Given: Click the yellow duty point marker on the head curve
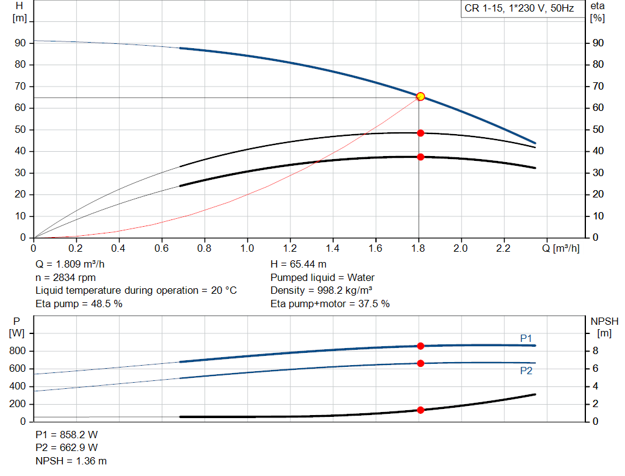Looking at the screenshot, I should pyautogui.click(x=420, y=96).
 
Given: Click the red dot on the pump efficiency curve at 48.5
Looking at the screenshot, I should pyautogui.click(x=421, y=133).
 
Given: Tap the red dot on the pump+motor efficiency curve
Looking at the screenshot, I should pyautogui.click(x=421, y=157).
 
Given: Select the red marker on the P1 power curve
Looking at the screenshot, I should pyautogui.click(x=421, y=346).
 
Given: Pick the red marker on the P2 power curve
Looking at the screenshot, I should pyautogui.click(x=421, y=363).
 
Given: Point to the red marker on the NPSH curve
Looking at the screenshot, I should pyautogui.click(x=421, y=410).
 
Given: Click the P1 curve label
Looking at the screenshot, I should pyautogui.click(x=526, y=338).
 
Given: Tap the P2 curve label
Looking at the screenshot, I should pyautogui.click(x=526, y=371).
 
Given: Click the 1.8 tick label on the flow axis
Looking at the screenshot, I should pyautogui.click(x=418, y=249).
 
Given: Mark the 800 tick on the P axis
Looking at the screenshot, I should pyautogui.click(x=18, y=351).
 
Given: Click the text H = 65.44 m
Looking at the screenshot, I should pyautogui.click(x=298, y=265).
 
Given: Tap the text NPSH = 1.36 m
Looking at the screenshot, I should pyautogui.click(x=71, y=461).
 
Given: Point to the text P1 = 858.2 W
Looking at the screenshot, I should pyautogui.click(x=67, y=436).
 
